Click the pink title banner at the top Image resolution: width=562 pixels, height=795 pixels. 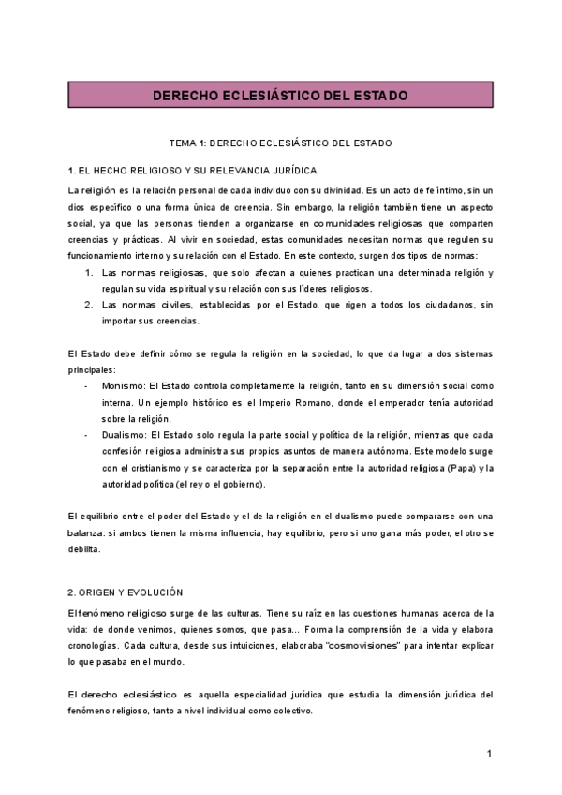[280, 96]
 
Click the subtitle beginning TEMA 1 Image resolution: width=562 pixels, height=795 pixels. [280, 143]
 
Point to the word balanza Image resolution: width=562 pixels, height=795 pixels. [89, 532]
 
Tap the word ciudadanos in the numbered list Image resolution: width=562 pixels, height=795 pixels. [436, 305]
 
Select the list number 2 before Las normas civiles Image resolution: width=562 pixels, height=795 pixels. [88, 305]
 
